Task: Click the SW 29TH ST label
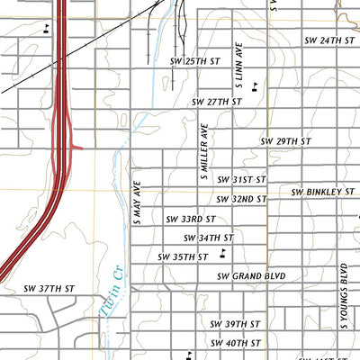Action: coord(285,142)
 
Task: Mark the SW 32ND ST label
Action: coord(242,199)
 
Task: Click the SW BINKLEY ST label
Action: coord(321,192)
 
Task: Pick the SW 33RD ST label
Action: coord(191,219)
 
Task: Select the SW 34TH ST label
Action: coord(208,238)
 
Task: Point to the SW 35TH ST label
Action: coord(183,256)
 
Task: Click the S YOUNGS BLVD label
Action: coord(344,286)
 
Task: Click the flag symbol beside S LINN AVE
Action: coord(257,86)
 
